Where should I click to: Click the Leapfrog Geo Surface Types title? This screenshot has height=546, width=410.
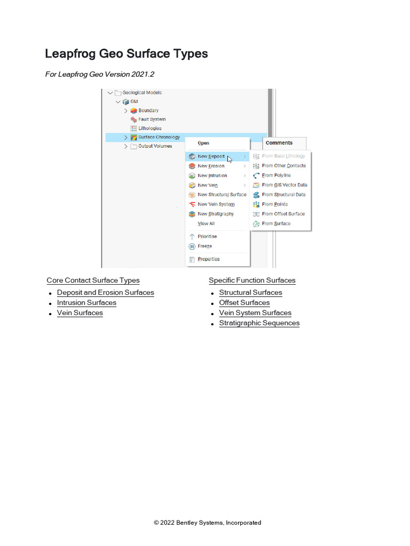tap(126, 54)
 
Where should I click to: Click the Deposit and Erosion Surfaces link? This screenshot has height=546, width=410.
tap(105, 293)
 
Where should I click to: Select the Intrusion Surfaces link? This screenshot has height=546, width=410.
tap(86, 303)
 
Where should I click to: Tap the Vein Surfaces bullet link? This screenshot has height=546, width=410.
tap(80, 312)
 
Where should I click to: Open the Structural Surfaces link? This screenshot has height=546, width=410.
tap(250, 293)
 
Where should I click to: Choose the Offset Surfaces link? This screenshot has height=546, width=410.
tap(244, 303)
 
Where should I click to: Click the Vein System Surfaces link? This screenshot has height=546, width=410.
tap(255, 312)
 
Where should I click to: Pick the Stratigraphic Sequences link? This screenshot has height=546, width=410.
tap(259, 323)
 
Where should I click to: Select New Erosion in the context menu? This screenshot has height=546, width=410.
tap(211, 166)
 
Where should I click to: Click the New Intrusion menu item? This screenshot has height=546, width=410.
tap(212, 175)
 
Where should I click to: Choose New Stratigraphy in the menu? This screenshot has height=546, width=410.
tap(216, 214)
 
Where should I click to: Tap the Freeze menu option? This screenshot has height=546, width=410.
tap(204, 246)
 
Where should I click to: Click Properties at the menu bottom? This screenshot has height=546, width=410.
tap(209, 259)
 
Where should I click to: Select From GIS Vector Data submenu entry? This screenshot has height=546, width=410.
tap(285, 185)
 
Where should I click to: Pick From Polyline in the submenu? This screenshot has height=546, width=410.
tap(276, 175)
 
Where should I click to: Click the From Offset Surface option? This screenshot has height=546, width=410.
tap(283, 214)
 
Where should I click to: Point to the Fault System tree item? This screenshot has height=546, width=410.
tap(152, 119)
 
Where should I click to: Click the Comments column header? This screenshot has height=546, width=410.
tap(279, 143)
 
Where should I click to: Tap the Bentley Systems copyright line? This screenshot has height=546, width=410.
tap(208, 523)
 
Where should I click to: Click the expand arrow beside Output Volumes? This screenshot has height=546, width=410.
tap(126, 147)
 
